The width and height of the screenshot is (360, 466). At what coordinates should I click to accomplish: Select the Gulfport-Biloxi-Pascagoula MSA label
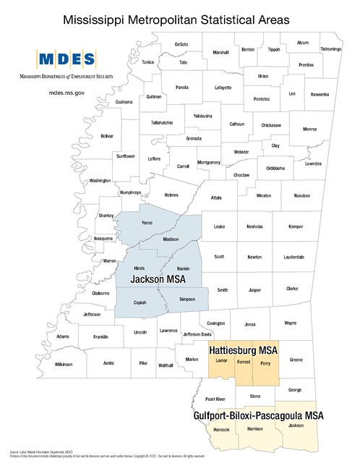point(258,416)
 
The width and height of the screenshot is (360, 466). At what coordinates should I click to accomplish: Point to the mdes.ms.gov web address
point(67,93)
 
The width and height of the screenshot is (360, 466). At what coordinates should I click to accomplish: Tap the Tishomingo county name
point(331,49)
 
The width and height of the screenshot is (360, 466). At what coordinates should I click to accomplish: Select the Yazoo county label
point(147,224)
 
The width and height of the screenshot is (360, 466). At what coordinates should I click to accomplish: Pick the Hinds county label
point(139,268)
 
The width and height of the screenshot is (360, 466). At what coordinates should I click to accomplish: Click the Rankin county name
point(183,269)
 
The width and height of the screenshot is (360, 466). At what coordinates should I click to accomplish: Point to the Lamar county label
point(223,360)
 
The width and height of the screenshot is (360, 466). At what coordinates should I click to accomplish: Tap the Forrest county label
point(244,360)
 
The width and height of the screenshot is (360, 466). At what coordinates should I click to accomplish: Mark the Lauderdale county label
point(294,257)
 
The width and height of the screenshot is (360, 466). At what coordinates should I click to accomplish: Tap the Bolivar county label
point(108,136)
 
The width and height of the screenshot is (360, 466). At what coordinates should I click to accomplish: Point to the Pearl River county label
point(215,399)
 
